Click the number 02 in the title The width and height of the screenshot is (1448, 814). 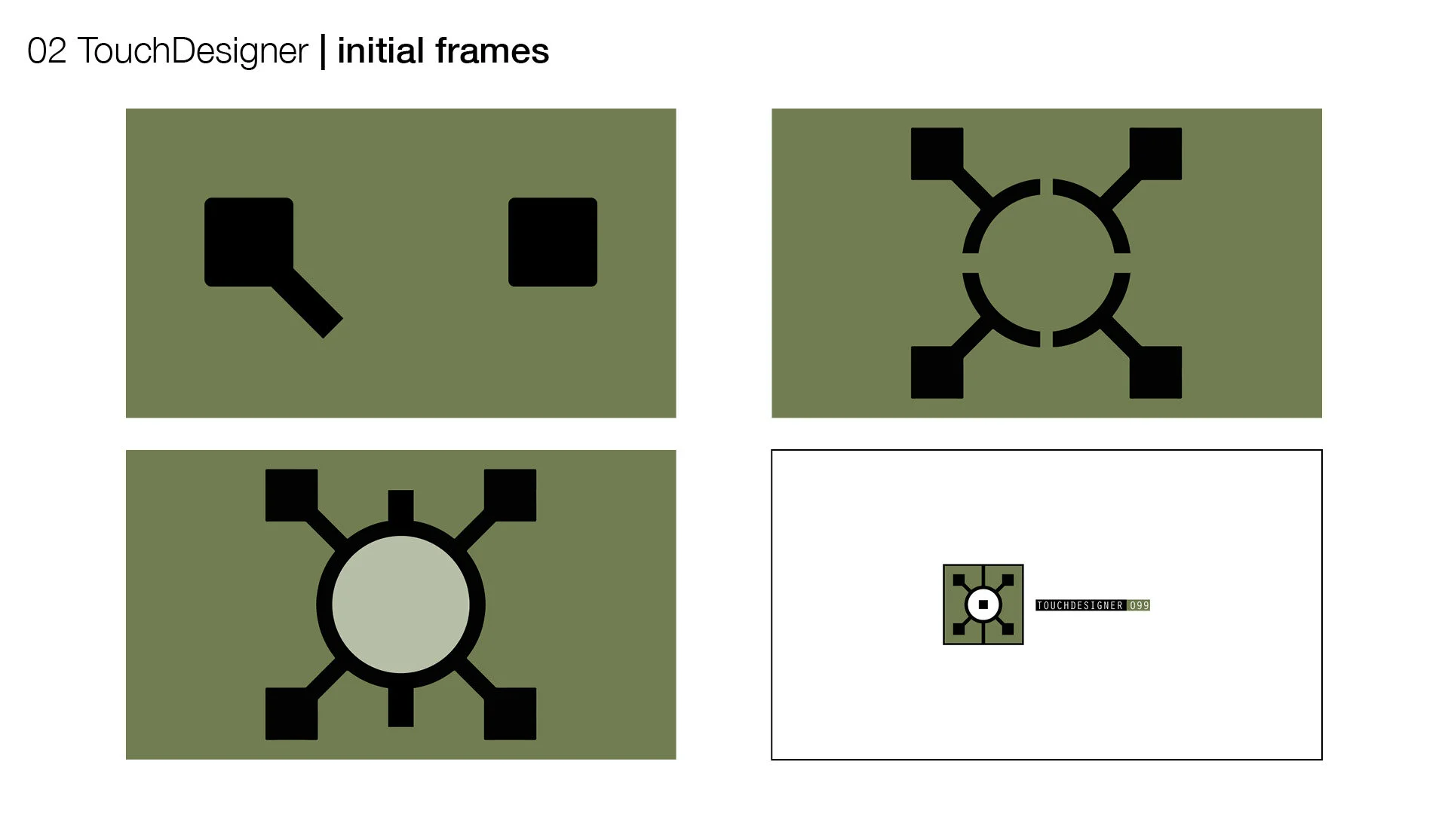pyautogui.click(x=47, y=51)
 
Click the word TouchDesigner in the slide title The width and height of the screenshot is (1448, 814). pyautogui.click(x=193, y=51)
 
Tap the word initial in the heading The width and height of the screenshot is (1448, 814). pyautogui.click(x=381, y=51)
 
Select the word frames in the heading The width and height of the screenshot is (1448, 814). pyautogui.click(x=492, y=51)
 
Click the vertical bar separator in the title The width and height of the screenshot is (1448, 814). pyautogui.click(x=323, y=51)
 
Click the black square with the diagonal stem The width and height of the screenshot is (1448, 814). pyautogui.click(x=249, y=242)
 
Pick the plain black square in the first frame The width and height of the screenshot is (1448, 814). pyautogui.click(x=553, y=242)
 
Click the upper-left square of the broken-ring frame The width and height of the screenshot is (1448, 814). pyautogui.click(x=937, y=154)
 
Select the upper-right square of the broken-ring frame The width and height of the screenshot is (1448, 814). pyautogui.click(x=1155, y=154)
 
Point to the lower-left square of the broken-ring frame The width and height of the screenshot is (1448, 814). pyautogui.click(x=937, y=372)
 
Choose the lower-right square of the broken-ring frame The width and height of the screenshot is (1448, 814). pyautogui.click(x=1155, y=372)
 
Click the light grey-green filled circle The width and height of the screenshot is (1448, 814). pyautogui.click(x=400, y=604)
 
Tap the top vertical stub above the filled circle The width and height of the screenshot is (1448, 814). pyautogui.click(x=400, y=505)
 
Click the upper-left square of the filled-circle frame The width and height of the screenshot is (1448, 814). pyautogui.click(x=291, y=495)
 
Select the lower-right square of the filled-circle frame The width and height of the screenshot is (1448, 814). pyautogui.click(x=510, y=713)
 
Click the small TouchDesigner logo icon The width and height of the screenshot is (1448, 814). pyautogui.click(x=983, y=604)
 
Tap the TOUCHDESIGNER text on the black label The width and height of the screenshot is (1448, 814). pyautogui.click(x=1080, y=605)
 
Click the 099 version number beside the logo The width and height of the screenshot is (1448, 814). pyautogui.click(x=1139, y=605)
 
